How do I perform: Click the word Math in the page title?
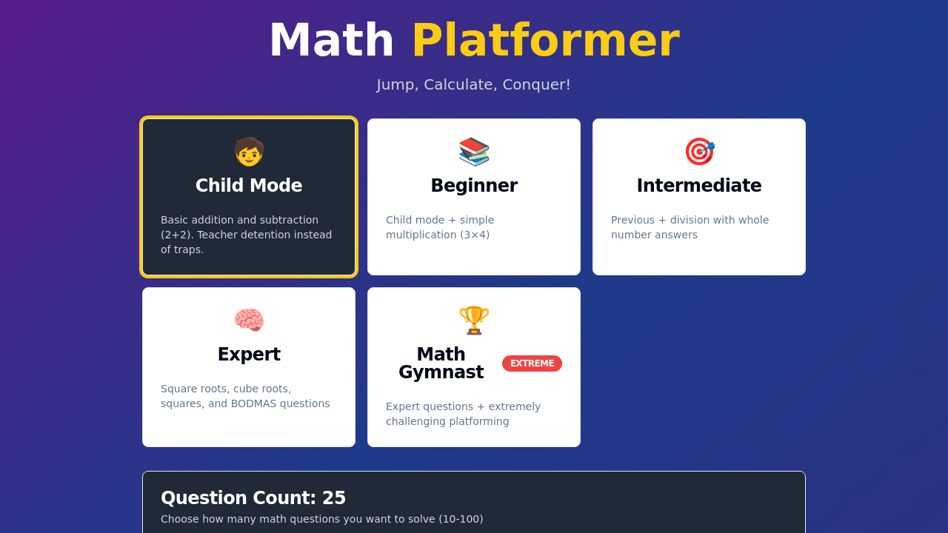point(332,40)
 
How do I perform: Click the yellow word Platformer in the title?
point(546,40)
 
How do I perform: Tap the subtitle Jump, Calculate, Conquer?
point(473,84)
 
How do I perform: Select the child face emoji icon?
point(249,152)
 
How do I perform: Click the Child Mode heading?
point(249,185)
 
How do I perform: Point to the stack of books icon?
point(474,152)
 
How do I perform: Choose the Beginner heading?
point(474,185)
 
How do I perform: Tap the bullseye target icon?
point(700,152)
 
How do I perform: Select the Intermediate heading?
point(699,185)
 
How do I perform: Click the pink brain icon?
point(249,320)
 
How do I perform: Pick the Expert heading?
point(249,354)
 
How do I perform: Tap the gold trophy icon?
point(474,321)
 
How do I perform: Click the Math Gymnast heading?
point(441,363)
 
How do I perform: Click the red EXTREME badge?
point(532,363)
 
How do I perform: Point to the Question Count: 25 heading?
point(253,497)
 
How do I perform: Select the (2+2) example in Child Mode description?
point(176,235)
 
